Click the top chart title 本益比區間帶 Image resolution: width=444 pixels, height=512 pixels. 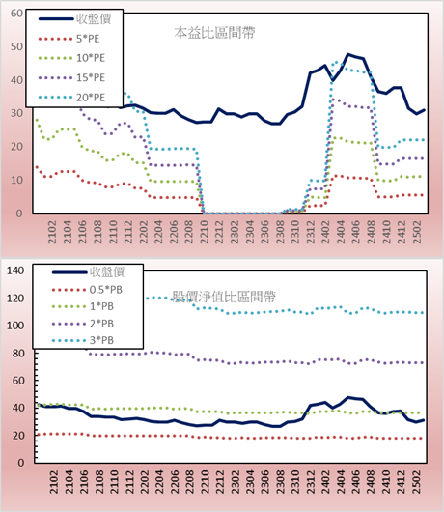click(x=214, y=33)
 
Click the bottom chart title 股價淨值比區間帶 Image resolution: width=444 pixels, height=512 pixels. click(x=224, y=297)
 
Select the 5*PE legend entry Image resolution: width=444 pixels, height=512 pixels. click(x=69, y=39)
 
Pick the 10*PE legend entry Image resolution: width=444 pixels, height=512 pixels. click(x=71, y=58)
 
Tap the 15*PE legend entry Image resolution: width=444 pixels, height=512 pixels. click(x=71, y=77)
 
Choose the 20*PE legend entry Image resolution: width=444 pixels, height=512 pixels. click(x=71, y=98)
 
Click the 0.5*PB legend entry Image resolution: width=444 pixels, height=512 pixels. click(x=87, y=290)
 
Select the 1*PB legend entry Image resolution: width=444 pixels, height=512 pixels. click(x=83, y=306)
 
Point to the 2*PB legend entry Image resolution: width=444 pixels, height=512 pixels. click(x=83, y=324)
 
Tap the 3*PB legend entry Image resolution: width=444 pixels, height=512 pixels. click(x=83, y=340)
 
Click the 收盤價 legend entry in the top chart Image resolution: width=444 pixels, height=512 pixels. click(x=75, y=19)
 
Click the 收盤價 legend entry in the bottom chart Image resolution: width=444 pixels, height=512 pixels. click(x=89, y=272)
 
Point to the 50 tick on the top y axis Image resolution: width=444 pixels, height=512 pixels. click(x=16, y=46)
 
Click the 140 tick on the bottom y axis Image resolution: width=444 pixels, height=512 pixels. click(x=15, y=270)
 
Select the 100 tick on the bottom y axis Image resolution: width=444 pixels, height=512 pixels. click(x=15, y=326)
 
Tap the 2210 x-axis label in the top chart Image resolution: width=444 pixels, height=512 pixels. click(x=205, y=232)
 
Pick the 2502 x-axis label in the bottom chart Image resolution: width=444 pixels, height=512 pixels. click(x=417, y=482)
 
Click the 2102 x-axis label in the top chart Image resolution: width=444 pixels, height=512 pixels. click(x=52, y=232)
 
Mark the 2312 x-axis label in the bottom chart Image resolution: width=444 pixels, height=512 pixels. click(x=311, y=482)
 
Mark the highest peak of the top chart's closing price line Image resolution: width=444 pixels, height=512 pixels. click(x=348, y=54)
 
